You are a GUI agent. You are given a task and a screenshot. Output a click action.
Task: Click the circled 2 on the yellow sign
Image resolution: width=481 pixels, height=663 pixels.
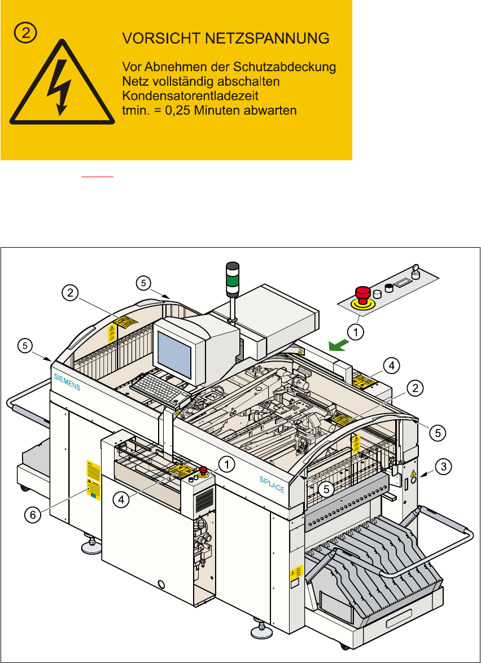tap(25, 33)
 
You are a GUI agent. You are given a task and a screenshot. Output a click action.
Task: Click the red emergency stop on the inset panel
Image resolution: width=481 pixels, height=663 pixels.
tap(362, 294)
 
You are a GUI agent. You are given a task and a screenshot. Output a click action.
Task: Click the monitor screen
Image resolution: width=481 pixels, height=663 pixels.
tap(174, 353)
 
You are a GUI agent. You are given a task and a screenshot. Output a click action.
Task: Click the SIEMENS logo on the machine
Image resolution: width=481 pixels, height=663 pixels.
tap(67, 382)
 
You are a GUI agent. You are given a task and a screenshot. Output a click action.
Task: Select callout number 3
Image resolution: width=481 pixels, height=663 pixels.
tap(445, 466)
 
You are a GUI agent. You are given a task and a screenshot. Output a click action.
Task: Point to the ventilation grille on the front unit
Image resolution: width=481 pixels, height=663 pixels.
tap(204, 499)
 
